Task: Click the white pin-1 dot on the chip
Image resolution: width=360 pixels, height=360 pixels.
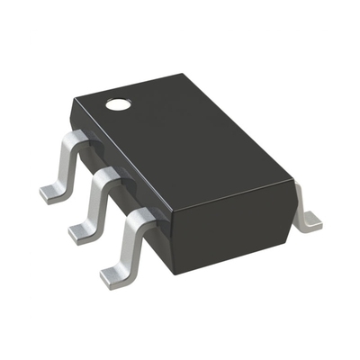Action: (117, 104)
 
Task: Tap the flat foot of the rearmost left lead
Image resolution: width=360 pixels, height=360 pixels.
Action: (53, 193)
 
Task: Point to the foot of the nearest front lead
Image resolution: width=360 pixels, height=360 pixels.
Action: (115, 276)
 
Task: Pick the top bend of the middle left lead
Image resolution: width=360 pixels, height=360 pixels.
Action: (106, 175)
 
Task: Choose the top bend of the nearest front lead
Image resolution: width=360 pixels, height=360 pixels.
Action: (137, 217)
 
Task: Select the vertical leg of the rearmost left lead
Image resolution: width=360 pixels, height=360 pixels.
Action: (67, 166)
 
